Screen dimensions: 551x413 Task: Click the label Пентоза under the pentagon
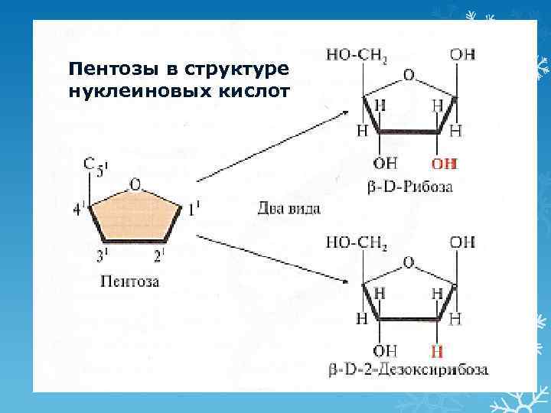point(130,281)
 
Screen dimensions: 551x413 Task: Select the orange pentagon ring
point(135,218)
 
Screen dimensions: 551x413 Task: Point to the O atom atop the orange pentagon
point(135,184)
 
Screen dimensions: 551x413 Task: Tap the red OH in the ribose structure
point(443,163)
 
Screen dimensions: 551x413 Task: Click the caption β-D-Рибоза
point(410,186)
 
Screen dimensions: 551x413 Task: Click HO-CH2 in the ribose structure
point(356,55)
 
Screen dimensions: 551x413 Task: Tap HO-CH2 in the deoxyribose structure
point(356,242)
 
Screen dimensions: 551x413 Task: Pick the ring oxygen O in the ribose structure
point(409,75)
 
